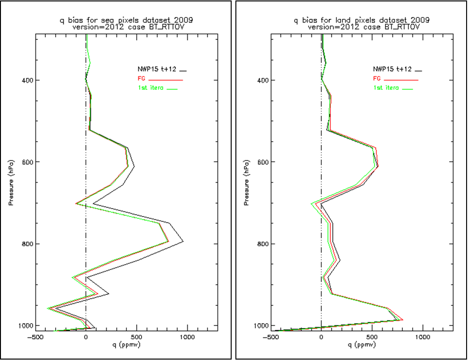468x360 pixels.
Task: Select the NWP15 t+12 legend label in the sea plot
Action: point(160,69)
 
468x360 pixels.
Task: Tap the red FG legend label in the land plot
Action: point(376,79)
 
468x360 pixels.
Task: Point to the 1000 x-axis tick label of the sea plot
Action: point(187,337)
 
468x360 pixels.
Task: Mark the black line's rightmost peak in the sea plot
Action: point(183,242)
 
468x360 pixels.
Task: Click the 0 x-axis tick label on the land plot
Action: point(321,337)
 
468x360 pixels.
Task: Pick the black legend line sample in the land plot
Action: point(418,70)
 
